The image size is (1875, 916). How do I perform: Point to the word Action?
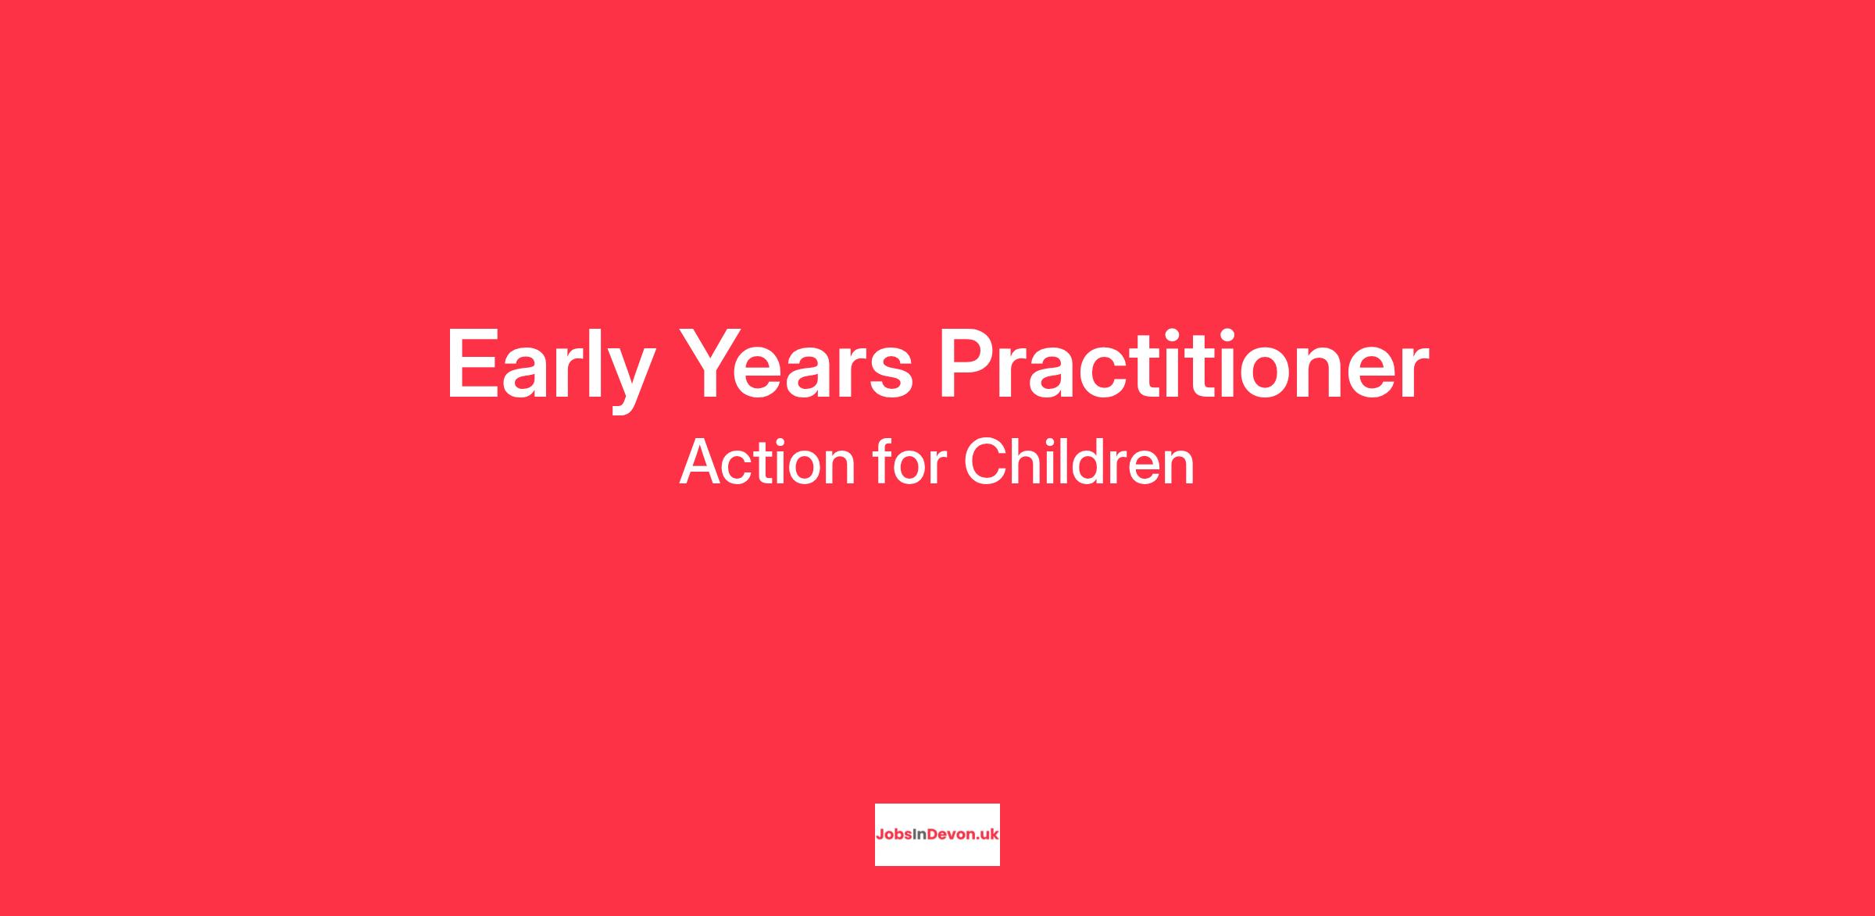tap(769, 462)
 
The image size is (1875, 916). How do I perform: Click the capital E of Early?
tap(472, 364)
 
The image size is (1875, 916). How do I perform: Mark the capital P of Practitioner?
tap(968, 364)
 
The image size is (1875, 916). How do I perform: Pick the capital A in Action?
tap(702, 462)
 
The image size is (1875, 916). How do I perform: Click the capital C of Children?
tap(987, 462)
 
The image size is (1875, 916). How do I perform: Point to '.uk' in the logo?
tap(984, 834)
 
